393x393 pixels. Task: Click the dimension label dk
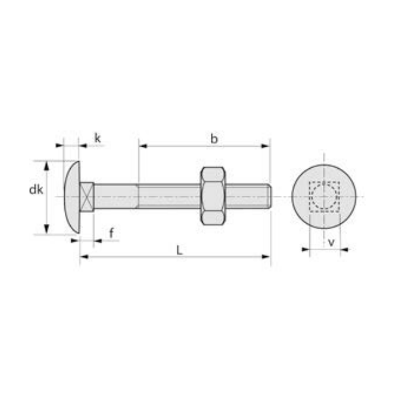pos(36,190)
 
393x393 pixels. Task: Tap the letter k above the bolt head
pos(98,138)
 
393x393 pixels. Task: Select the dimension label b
pos(214,138)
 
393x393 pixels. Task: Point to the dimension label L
pos(178,250)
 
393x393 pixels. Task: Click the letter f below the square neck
pos(111,233)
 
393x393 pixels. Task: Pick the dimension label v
pos(331,242)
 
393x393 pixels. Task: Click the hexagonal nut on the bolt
pos(213,196)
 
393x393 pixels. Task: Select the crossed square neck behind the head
pos(87,196)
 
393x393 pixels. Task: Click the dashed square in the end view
pos(324,196)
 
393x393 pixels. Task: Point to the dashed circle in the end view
pos(322,196)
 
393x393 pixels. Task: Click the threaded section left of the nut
pos(169,196)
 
